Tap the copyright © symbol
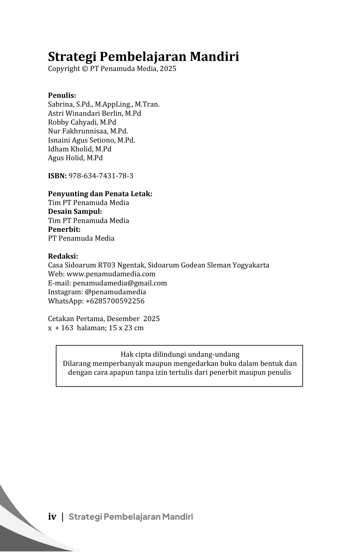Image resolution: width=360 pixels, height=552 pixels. click(x=85, y=69)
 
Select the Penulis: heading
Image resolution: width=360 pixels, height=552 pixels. click(x=62, y=95)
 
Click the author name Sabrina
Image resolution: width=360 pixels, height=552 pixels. click(x=61, y=104)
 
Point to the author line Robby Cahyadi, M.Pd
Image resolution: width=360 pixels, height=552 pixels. click(x=82, y=122)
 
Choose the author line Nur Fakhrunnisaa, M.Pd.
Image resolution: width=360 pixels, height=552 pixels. click(x=88, y=131)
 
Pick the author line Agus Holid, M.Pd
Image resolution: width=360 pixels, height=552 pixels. click(x=75, y=158)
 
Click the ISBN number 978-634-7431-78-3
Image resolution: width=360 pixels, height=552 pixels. click(x=101, y=176)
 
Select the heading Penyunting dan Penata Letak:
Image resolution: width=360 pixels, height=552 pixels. click(x=100, y=194)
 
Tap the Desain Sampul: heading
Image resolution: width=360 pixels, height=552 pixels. click(x=75, y=211)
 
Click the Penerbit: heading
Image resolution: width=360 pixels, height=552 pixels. click(x=64, y=229)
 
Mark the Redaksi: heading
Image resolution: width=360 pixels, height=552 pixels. click(x=63, y=256)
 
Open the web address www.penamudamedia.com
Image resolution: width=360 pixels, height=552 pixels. click(x=111, y=274)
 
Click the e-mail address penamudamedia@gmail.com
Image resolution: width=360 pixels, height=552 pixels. click(x=120, y=283)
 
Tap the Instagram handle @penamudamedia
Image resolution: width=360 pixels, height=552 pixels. click(x=115, y=292)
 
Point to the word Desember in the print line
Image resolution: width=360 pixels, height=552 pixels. click(x=123, y=319)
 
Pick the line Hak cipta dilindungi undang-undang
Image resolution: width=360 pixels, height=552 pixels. click(x=180, y=354)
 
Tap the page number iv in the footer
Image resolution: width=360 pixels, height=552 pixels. click(x=52, y=517)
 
